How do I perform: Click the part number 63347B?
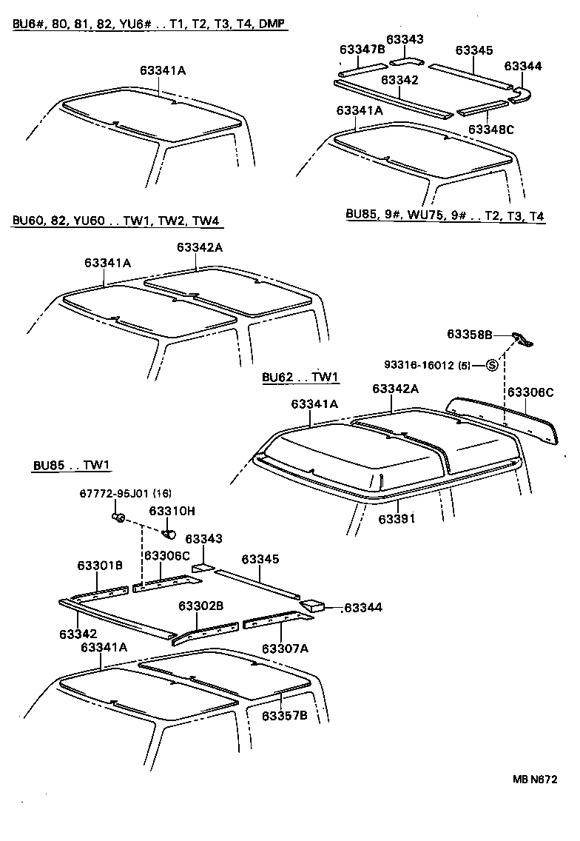[x=362, y=50]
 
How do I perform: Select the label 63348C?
[x=490, y=129]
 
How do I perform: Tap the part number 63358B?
[x=469, y=335]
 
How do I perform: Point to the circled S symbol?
[x=492, y=365]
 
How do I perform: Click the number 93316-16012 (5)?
[x=427, y=365]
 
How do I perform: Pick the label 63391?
[x=397, y=519]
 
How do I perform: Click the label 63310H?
[x=172, y=511]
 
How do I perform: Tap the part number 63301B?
[x=99, y=566]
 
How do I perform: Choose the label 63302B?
[x=200, y=606]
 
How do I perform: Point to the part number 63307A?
[x=284, y=649]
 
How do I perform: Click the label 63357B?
[x=284, y=715]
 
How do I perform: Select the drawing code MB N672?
[x=534, y=779]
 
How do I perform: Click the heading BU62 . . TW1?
[x=300, y=377]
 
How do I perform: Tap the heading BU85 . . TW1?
[x=71, y=466]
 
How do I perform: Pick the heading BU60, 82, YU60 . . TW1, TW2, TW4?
[x=116, y=221]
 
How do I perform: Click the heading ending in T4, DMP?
[x=149, y=24]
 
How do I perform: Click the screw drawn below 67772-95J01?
[x=118, y=516]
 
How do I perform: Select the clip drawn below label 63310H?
[x=169, y=533]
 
